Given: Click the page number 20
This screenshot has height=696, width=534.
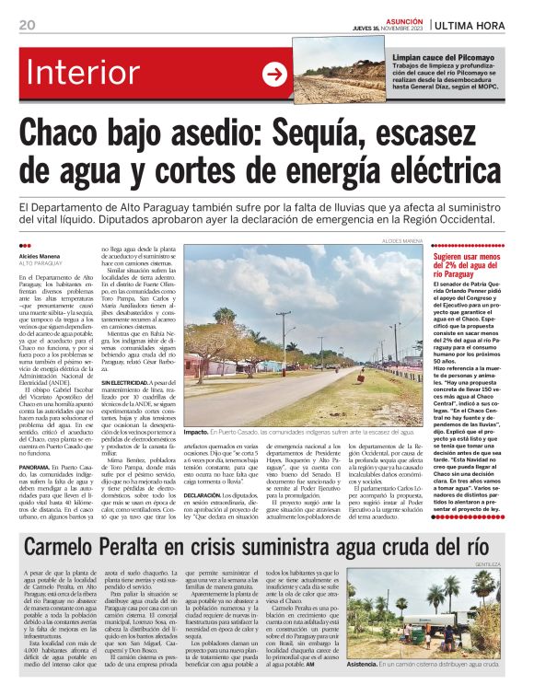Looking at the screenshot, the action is [27, 24].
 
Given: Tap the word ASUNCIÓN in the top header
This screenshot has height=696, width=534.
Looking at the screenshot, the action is [406, 20].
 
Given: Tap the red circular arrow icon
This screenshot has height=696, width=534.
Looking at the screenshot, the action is [275, 75].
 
